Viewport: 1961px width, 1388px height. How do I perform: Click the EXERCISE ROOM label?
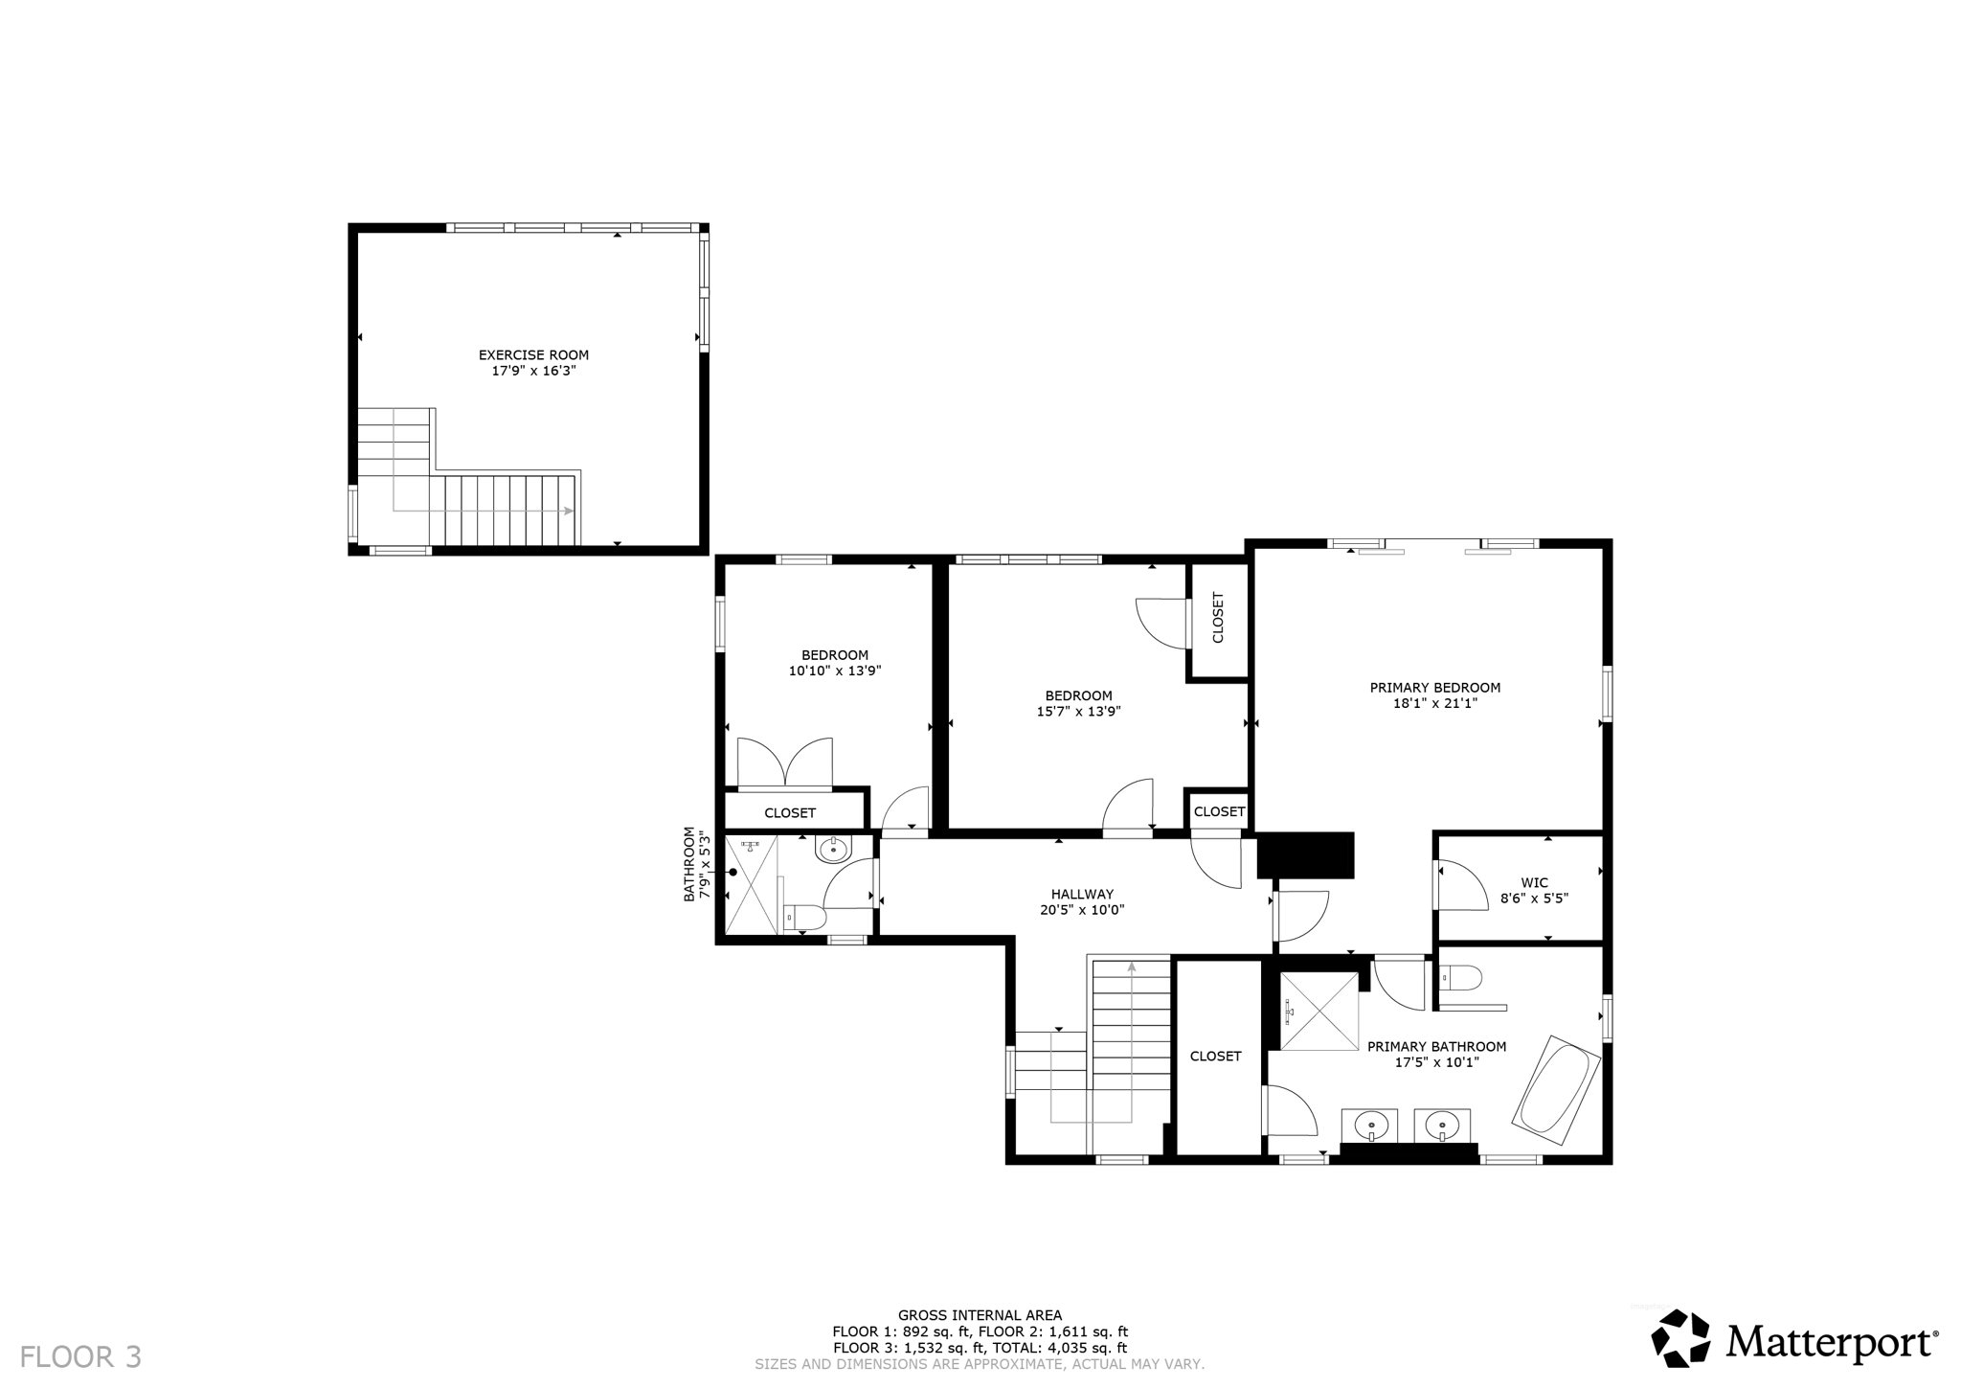(x=533, y=354)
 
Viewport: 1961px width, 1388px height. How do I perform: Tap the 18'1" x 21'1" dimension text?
(x=1434, y=703)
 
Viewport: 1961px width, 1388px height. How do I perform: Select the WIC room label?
(x=1534, y=883)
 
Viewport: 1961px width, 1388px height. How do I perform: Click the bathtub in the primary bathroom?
(x=1555, y=1089)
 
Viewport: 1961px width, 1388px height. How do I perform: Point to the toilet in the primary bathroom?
(x=1463, y=978)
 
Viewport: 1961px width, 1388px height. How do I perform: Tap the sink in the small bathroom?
(x=833, y=849)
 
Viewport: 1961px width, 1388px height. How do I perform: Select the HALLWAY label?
(x=1082, y=895)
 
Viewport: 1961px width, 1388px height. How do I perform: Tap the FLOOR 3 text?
(x=80, y=1356)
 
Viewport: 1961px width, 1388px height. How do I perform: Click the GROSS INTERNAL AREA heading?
(x=980, y=1315)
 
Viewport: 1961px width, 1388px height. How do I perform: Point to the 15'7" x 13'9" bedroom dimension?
(x=1078, y=712)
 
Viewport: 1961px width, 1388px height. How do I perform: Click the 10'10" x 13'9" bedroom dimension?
(x=834, y=671)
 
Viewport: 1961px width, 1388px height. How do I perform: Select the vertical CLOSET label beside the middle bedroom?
(x=1218, y=618)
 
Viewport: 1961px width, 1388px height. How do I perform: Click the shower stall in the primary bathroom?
(x=1319, y=1011)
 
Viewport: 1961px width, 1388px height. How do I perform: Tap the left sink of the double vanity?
(x=1371, y=1124)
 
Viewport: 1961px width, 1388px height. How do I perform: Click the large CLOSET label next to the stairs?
(x=1215, y=1056)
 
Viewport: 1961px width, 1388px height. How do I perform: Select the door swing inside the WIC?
(x=1458, y=886)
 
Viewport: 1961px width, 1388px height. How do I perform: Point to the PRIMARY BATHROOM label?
(x=1436, y=1047)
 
